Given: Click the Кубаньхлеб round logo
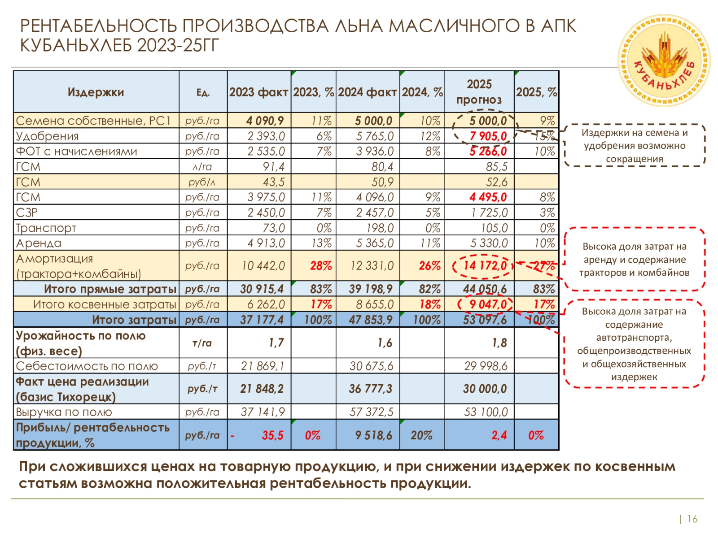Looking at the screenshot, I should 664,61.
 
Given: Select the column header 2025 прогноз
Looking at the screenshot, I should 479,92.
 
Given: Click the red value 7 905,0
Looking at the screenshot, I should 488,136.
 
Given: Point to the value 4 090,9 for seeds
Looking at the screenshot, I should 265,121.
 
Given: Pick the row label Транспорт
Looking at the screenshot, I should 46,228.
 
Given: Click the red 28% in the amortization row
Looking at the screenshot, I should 320,266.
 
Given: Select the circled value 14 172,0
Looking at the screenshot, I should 485,266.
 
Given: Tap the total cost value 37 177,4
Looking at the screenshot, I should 262,320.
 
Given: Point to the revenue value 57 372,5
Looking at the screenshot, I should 371,412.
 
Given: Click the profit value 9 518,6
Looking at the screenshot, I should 373,435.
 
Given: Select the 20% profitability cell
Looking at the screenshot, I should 421,435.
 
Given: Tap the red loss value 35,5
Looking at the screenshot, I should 272,435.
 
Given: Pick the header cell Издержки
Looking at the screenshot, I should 96,92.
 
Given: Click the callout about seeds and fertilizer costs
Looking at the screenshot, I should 634,146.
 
